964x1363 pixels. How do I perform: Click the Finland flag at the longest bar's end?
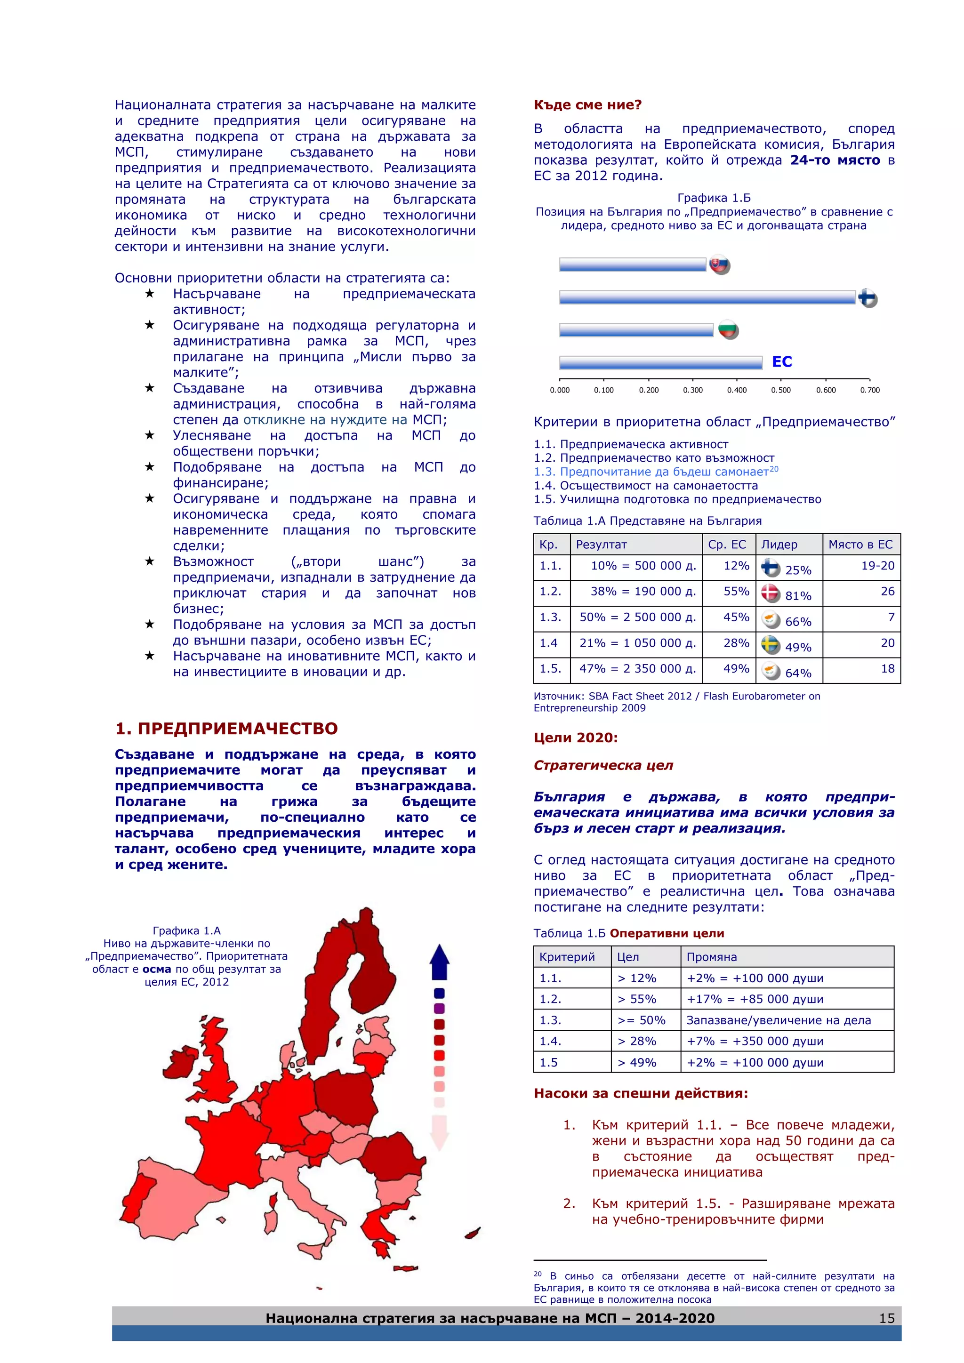(868, 298)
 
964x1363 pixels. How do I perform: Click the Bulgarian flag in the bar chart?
(728, 329)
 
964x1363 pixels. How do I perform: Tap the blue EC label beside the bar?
(782, 361)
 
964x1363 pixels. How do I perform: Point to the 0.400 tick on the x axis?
(737, 390)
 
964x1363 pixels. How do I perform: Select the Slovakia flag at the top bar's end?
(719, 265)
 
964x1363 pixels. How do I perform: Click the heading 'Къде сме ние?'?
(587, 105)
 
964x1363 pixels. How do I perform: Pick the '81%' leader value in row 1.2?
(798, 595)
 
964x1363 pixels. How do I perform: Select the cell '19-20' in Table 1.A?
(877, 566)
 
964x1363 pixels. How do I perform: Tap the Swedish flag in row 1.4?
(771, 645)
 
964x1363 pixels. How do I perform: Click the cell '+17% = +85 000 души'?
(755, 999)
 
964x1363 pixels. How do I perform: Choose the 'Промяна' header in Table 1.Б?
(711, 957)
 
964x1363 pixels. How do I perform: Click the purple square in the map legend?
(439, 1009)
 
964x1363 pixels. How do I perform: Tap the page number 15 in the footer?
(886, 1318)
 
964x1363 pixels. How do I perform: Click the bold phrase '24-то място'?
(835, 160)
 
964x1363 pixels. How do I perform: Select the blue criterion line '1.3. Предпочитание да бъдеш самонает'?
(655, 472)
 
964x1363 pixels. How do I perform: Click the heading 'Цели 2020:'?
(575, 738)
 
